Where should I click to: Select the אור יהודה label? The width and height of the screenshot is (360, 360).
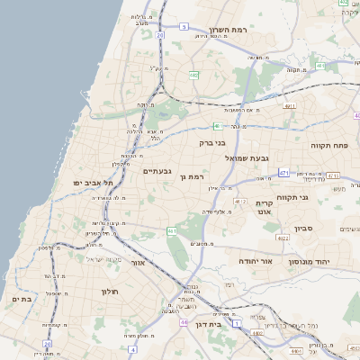click(255, 259)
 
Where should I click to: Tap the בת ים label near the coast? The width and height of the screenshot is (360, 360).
click(22, 298)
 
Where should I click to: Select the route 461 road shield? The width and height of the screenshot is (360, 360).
click(171, 232)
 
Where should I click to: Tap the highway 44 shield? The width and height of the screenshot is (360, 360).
click(184, 322)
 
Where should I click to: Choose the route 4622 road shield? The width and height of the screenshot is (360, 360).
click(282, 238)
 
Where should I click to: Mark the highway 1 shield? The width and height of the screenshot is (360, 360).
click(237, 323)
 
